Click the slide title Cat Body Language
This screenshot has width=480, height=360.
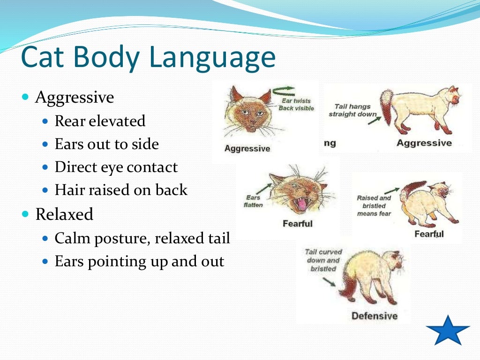tap(148, 58)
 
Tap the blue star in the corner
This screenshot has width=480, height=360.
tap(448, 331)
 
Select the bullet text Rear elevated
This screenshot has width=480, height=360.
tap(100, 121)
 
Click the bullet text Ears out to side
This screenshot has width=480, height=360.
tap(106, 144)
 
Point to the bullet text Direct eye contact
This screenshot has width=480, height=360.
tap(116, 167)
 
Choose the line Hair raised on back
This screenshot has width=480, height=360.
tap(121, 190)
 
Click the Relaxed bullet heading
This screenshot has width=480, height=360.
tap(64, 214)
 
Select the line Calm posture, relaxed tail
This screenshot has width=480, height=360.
tap(142, 238)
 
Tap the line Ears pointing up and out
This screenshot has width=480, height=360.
tap(139, 261)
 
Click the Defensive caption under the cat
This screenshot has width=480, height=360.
tap(374, 316)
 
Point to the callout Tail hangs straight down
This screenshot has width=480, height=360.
tap(352, 110)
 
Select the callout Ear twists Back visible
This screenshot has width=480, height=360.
tap(296, 105)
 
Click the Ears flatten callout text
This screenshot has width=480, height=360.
tap(254, 201)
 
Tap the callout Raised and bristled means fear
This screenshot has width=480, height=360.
tap(374, 206)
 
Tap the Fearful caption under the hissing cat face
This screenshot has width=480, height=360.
tap(297, 224)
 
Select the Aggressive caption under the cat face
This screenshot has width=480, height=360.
tap(247, 149)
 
